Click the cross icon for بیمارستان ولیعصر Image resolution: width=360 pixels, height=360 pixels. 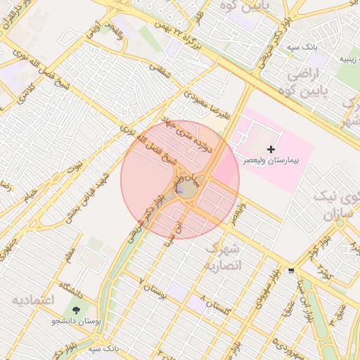point(271,149)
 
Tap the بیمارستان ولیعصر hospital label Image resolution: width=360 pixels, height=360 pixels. point(271,161)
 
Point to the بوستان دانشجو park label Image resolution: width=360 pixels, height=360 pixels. point(76,321)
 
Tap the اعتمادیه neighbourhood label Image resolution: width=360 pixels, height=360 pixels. point(32,300)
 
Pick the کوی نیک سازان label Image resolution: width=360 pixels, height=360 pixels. point(339,202)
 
